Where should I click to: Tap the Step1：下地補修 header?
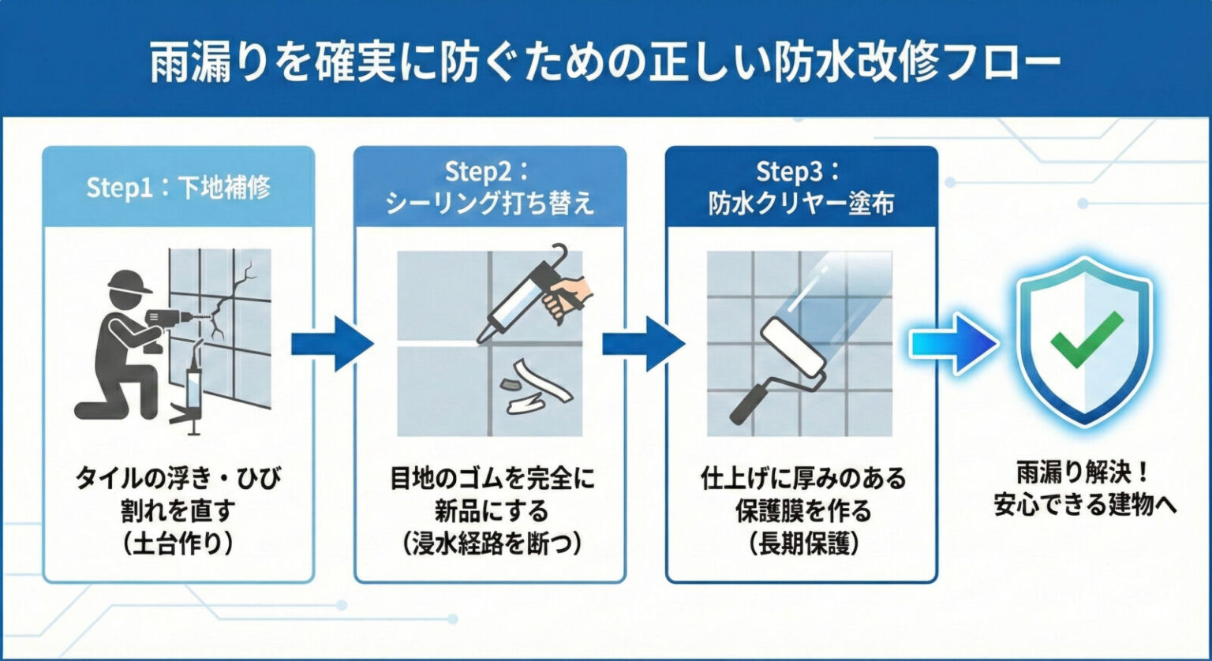178,188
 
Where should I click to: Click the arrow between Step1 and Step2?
332,343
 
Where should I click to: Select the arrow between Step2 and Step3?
643,343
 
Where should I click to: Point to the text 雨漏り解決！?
1085,473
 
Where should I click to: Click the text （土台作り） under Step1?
178,545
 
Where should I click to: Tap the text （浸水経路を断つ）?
489,545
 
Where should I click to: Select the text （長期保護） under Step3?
801,545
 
